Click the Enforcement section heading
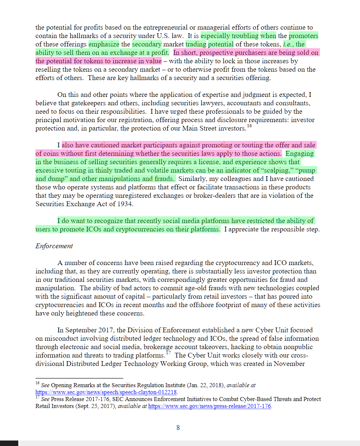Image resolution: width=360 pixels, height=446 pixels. tap(54, 246)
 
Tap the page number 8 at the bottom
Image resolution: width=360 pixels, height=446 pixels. tap(178, 427)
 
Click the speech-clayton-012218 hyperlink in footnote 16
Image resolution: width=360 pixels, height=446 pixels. tap(106, 392)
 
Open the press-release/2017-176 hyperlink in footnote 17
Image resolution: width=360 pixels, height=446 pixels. tap(210, 406)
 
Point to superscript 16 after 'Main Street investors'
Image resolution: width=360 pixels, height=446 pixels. tap(250, 126)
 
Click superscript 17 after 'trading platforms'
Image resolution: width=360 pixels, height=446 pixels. tap(168, 353)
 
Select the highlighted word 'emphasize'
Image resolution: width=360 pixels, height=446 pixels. tap(104, 44)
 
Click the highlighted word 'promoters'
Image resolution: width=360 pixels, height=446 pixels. tap(303, 36)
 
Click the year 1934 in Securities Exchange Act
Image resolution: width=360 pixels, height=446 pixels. tap(125, 204)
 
